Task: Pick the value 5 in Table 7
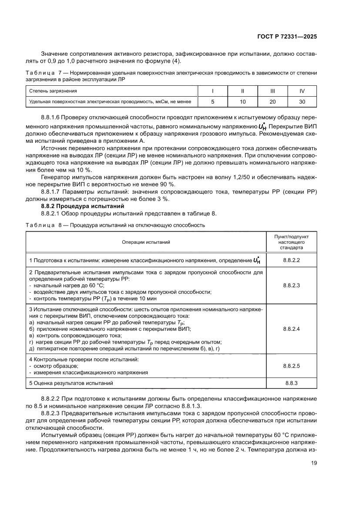pyautogui.click(x=213, y=101)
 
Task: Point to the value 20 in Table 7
pyautogui.click(x=273, y=101)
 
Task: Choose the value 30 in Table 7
pyautogui.click(x=302, y=101)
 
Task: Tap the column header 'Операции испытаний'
pyautogui.click(x=146, y=241)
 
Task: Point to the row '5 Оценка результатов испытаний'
pyautogui.click(x=71, y=383)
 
